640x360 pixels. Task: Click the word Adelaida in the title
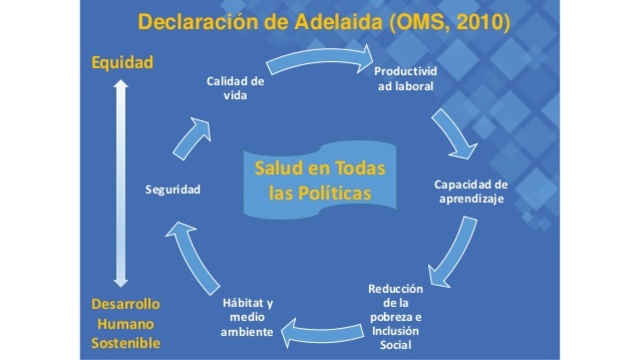point(325,22)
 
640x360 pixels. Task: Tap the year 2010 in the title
point(478,22)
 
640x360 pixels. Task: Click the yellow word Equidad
point(122,62)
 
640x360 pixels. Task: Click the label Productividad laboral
point(405,80)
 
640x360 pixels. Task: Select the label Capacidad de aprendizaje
point(472,191)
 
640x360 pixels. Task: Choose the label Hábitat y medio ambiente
point(245,317)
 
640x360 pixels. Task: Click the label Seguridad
point(173,190)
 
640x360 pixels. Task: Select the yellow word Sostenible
point(125,344)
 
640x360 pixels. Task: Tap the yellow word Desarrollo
point(125,303)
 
